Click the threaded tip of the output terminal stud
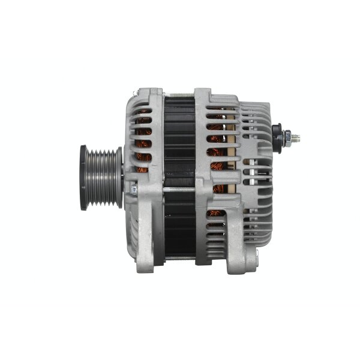pos(296,139)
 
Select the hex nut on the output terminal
pos(287,138)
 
